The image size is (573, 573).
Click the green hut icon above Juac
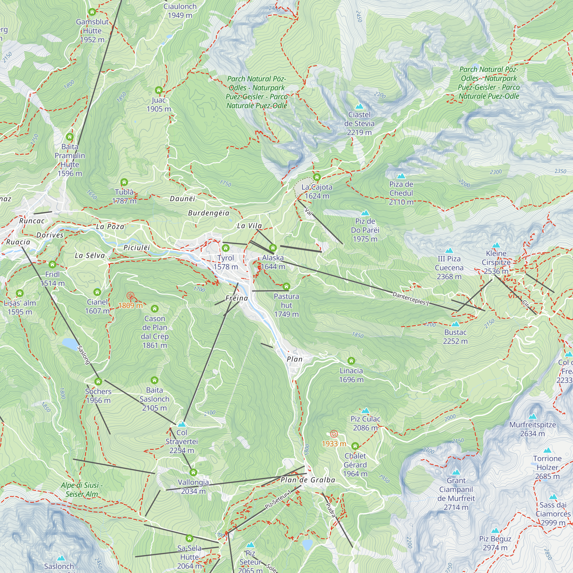click(x=159, y=90)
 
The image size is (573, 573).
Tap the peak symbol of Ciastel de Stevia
click(x=359, y=106)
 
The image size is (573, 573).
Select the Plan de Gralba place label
click(x=308, y=480)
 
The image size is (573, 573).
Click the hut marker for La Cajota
click(x=317, y=177)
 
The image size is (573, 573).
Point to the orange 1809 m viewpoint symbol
click(x=130, y=295)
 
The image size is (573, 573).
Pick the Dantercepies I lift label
click(x=411, y=298)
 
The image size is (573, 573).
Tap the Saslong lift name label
click(x=83, y=355)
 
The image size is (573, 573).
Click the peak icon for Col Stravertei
click(x=182, y=424)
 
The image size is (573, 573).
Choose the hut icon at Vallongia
click(x=193, y=472)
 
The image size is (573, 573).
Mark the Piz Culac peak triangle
click(x=365, y=411)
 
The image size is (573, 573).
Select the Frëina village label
click(x=236, y=298)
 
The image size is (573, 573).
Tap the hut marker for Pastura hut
click(x=286, y=286)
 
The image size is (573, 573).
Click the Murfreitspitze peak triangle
click(x=532, y=416)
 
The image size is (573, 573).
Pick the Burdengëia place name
click(x=209, y=213)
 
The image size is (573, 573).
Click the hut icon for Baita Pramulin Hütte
click(x=70, y=137)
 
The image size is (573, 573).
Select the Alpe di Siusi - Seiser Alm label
click(x=82, y=489)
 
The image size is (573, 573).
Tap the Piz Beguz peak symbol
click(x=495, y=531)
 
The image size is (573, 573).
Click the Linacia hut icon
click(x=351, y=361)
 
